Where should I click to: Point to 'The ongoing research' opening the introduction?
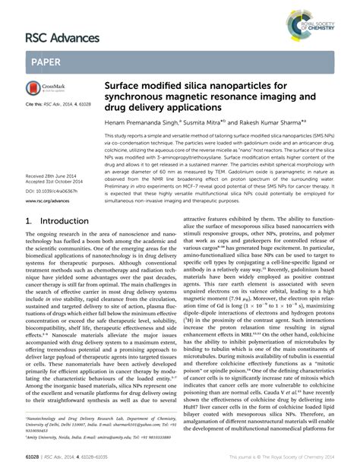tap(53, 236)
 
